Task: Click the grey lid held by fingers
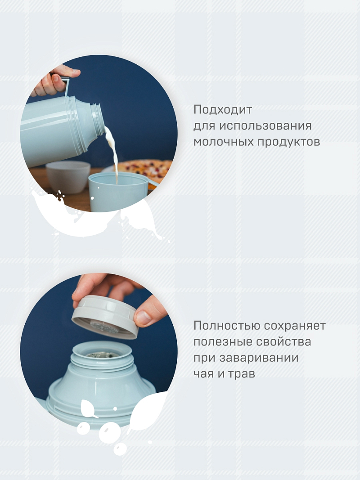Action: point(106,315)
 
